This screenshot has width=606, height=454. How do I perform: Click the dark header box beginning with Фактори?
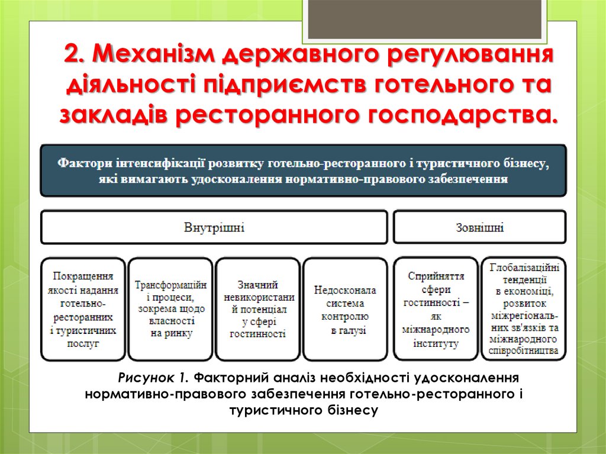[x=302, y=170]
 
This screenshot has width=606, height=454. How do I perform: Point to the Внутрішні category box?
[x=214, y=227]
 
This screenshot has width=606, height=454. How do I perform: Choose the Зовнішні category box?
[x=479, y=227]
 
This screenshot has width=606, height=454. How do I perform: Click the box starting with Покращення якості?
[x=83, y=309]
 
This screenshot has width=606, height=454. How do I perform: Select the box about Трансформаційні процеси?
[x=170, y=309]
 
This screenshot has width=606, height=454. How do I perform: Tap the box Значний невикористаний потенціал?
[x=258, y=309]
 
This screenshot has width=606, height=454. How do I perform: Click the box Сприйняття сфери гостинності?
[x=436, y=309]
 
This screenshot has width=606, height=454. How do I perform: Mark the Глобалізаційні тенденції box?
[x=524, y=309]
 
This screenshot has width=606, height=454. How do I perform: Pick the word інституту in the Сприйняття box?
[x=436, y=343]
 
